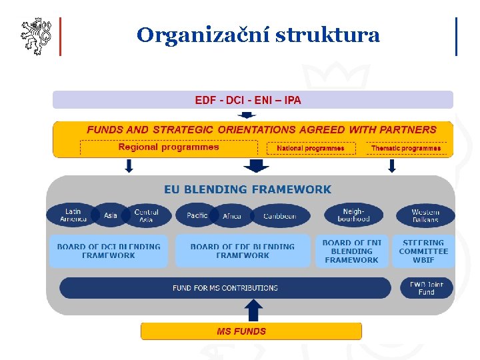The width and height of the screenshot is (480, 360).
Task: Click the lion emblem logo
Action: (35, 36)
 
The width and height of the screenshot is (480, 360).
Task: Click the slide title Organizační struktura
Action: (258, 35)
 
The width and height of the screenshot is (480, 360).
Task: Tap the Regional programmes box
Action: (169, 147)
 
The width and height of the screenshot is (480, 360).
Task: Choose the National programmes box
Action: (311, 148)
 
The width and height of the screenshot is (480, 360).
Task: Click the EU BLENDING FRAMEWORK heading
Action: (247, 189)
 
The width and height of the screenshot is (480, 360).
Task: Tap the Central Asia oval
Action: (146, 215)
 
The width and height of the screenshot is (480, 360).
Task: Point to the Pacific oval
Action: (197, 215)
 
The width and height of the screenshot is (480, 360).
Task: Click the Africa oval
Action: (232, 215)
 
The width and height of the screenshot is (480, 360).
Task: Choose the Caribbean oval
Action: (280, 215)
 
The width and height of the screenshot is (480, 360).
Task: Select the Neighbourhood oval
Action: (353, 215)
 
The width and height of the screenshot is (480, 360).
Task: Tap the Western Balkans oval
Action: (425, 215)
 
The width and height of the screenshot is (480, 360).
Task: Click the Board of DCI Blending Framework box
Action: (109, 251)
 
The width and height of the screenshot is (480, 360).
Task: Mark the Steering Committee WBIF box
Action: (423, 251)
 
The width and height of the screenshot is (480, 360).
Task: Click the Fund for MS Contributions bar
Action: (225, 288)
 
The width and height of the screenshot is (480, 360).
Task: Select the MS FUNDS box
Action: (251, 331)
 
